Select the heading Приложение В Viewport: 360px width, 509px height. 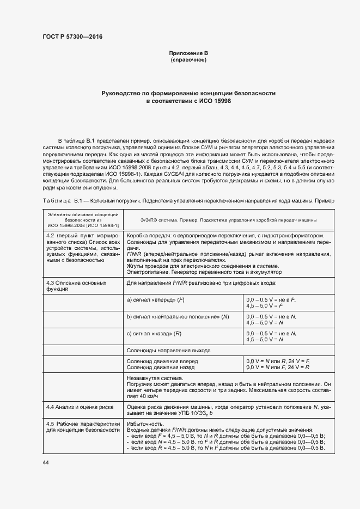pyautogui.click(x=188, y=53)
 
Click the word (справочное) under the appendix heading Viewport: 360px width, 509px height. pyautogui.click(x=188, y=60)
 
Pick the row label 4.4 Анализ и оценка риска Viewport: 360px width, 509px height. pyautogui.click(x=76, y=406)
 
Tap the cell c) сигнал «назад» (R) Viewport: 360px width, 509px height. pyautogui.click(x=154, y=333)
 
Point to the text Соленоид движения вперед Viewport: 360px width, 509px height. pyautogui.click(x=162, y=361)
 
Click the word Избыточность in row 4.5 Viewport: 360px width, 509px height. pyautogui.click(x=141, y=422)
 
